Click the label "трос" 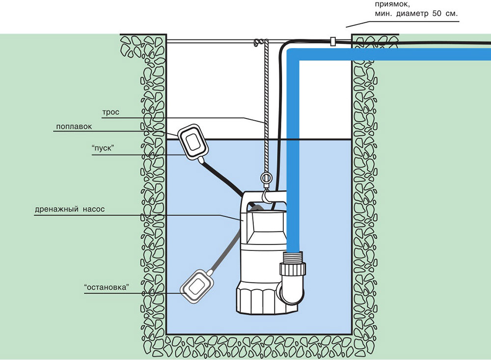[x=110, y=112]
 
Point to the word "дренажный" [x=56, y=209]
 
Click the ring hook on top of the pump [x=266, y=178]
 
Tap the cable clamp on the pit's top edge [x=332, y=41]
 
